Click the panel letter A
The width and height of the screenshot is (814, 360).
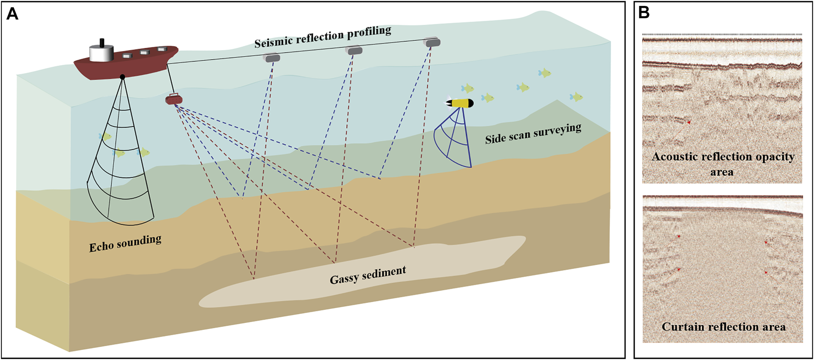(x=12, y=14)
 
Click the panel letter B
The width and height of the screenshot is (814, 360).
(x=644, y=13)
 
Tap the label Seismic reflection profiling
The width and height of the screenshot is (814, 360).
(x=322, y=37)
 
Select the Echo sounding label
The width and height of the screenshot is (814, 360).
(x=125, y=243)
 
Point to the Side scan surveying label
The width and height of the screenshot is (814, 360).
(x=533, y=134)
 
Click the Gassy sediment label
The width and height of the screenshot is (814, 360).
(x=367, y=275)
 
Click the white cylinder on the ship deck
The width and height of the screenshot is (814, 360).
(x=101, y=53)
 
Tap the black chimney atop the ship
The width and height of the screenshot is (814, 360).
(x=102, y=42)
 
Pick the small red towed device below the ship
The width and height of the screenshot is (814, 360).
(x=174, y=99)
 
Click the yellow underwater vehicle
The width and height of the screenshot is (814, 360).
(x=460, y=103)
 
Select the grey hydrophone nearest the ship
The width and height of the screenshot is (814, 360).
(x=271, y=58)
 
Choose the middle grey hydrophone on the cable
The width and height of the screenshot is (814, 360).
(x=354, y=51)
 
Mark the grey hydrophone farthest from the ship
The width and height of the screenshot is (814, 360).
(x=432, y=43)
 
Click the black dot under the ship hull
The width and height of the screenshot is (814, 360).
(x=122, y=77)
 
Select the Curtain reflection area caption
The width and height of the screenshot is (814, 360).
(x=724, y=327)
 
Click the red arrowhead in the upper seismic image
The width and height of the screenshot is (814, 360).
(x=689, y=123)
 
